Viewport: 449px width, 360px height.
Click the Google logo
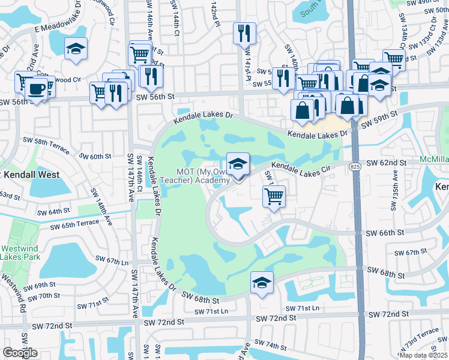pyautogui.click(x=20, y=353)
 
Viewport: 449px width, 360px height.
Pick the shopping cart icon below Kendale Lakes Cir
pyautogui.click(x=274, y=196)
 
